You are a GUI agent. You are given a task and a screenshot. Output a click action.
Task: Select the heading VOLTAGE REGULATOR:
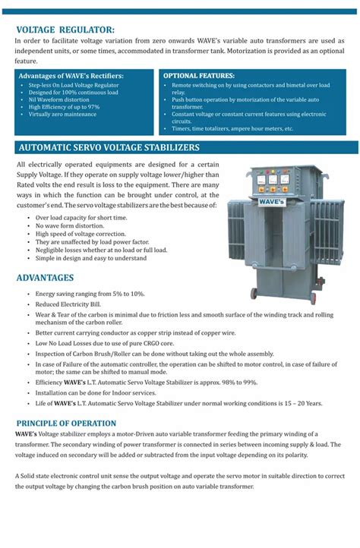65,30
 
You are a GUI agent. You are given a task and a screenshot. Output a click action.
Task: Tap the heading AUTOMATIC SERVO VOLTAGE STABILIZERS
109,146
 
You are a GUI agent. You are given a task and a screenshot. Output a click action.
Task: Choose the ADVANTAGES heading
45,278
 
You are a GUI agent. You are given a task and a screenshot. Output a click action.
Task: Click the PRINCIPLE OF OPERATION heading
66,422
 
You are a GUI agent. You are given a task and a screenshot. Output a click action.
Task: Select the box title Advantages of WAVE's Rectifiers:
71,77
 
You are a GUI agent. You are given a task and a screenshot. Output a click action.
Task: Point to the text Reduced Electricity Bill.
74,303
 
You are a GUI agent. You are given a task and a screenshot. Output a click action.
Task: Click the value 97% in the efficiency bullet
93,107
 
